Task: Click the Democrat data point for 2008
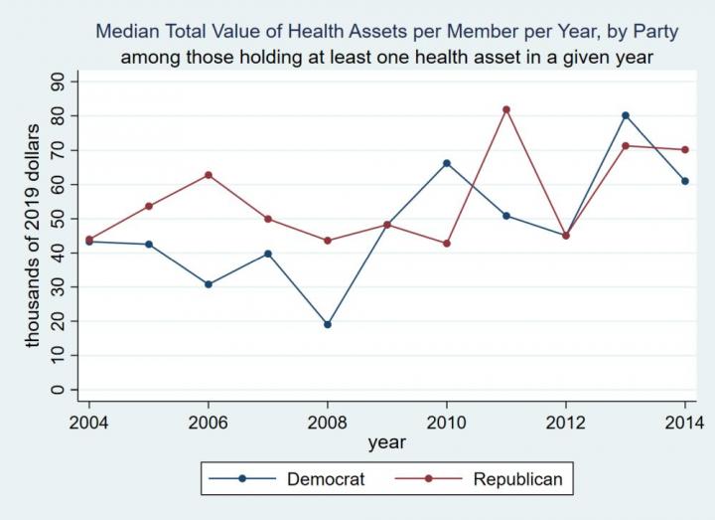tap(328, 324)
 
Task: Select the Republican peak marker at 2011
tap(506, 109)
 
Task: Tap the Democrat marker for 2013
tap(626, 115)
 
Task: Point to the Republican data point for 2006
tap(209, 175)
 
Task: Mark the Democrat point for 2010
tap(447, 163)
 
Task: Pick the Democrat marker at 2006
tap(209, 284)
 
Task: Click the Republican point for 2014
tap(685, 150)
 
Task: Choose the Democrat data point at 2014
tap(685, 181)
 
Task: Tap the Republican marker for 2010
tap(447, 244)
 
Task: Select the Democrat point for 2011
tap(506, 216)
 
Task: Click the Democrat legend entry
tap(326, 479)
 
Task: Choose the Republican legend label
tap(517, 479)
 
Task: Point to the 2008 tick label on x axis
tap(328, 422)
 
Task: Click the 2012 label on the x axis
tap(566, 422)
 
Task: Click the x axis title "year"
tap(386, 441)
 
